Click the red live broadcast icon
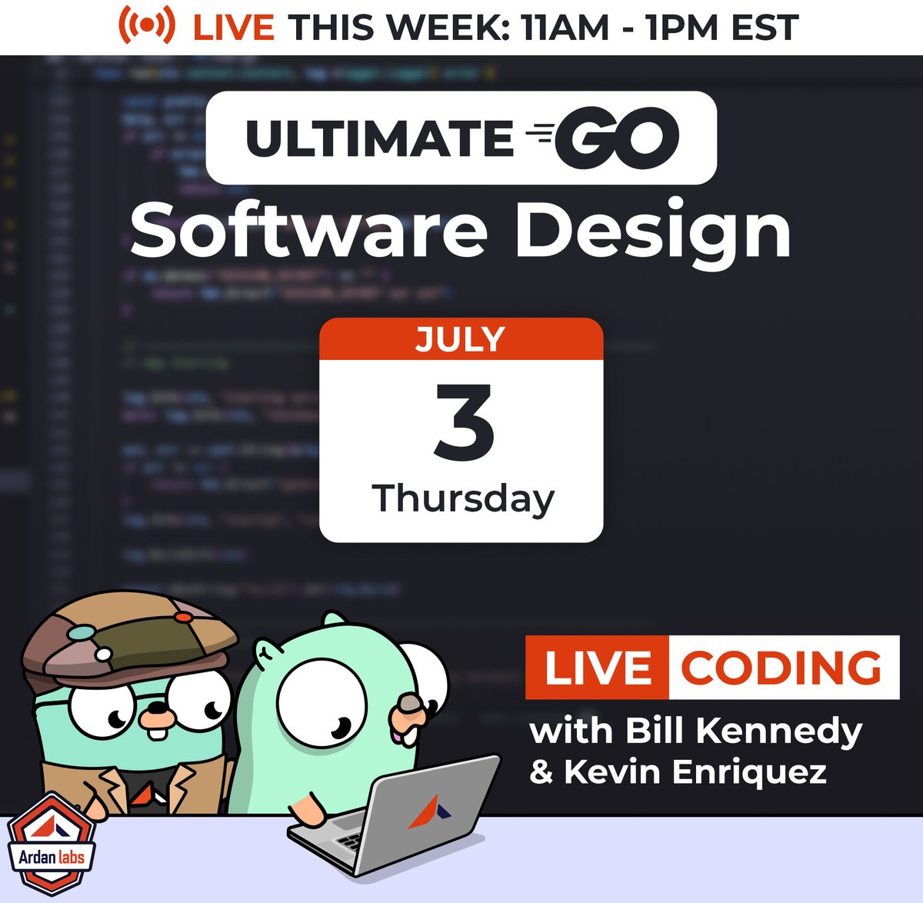click(146, 26)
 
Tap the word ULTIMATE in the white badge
click(379, 138)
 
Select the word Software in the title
click(308, 231)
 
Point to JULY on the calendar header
click(461, 339)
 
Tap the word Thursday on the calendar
click(463, 498)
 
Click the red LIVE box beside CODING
click(597, 668)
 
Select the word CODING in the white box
click(781, 668)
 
